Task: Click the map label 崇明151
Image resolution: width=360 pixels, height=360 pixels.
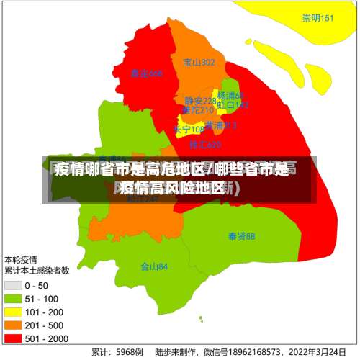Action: point(318,18)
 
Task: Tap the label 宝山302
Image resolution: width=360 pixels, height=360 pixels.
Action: point(199,63)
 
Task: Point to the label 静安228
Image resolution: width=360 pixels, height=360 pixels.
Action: point(199,101)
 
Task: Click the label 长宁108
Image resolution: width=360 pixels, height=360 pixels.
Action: point(188,130)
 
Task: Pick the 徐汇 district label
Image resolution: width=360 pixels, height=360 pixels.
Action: point(204,145)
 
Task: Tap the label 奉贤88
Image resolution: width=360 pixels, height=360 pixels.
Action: point(241,236)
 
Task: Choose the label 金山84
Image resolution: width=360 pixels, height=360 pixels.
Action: point(154,266)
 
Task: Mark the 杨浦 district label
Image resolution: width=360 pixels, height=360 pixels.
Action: point(230,96)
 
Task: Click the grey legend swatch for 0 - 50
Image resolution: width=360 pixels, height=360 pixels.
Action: point(12,285)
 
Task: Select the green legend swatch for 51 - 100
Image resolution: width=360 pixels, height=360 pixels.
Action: point(12,298)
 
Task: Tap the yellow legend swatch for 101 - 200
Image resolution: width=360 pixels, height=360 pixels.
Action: point(12,311)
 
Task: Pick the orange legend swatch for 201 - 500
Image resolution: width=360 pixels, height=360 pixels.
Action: point(12,324)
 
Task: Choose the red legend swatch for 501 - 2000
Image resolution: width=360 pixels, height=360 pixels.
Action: point(12,337)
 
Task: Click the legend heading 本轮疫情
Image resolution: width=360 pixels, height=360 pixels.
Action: point(22,259)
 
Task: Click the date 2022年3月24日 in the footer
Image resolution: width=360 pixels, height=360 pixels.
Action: point(315,353)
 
